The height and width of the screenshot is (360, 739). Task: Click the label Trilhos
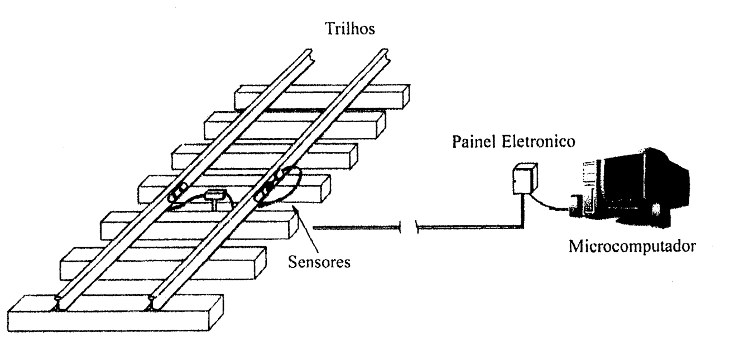350,28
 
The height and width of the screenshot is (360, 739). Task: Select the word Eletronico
539,142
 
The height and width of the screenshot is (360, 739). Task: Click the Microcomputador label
632,247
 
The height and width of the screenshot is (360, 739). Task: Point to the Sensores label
319,262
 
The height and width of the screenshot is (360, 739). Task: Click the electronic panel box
525,178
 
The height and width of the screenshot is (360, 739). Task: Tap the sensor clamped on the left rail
177,193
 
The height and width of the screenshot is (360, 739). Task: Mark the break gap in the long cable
409,227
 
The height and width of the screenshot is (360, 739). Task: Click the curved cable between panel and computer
547,204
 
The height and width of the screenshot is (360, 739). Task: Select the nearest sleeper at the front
116,313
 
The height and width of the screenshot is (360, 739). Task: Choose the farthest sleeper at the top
322,97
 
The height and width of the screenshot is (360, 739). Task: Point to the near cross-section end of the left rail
60,303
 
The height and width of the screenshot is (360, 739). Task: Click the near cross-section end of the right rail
152,303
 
